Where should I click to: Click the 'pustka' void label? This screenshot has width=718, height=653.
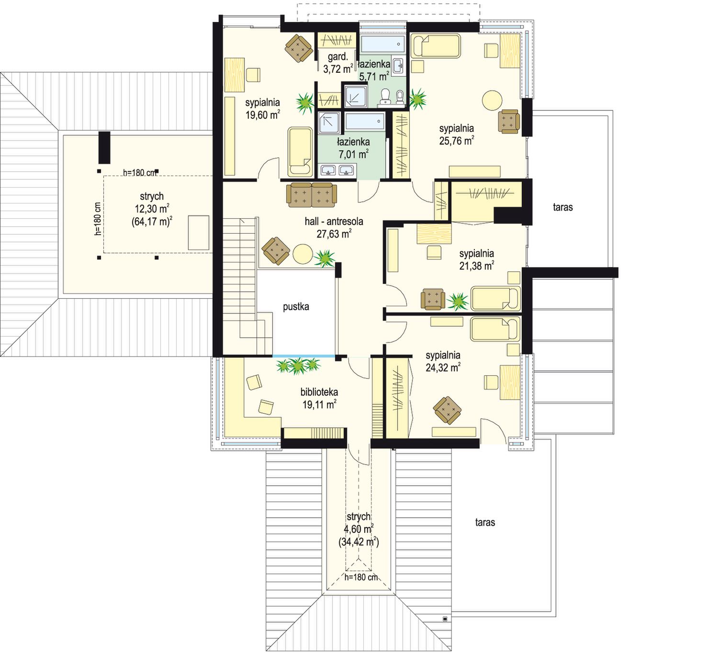(296, 307)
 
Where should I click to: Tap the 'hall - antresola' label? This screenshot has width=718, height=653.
(334, 221)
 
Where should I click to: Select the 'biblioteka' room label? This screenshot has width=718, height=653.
(319, 392)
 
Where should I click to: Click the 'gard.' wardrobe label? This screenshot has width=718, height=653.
(337, 56)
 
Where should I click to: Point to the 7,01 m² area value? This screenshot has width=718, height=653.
(353, 154)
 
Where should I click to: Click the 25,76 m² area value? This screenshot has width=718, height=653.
(456, 141)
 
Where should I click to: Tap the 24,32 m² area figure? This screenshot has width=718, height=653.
(443, 368)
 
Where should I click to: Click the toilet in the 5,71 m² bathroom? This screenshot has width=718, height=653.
(385, 96)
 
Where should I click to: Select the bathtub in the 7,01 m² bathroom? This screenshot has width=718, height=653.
(365, 122)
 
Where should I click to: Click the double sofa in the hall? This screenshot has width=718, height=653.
(312, 195)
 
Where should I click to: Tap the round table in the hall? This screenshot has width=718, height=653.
(303, 254)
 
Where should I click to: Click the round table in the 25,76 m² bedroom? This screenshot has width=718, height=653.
(492, 100)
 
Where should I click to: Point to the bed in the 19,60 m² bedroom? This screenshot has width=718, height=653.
(300, 152)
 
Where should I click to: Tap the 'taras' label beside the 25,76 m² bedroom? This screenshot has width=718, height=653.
(562, 207)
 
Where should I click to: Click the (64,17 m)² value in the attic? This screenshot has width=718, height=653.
(152, 221)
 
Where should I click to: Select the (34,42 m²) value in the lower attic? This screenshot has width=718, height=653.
(359, 541)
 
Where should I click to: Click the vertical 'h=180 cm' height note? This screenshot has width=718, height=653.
(98, 219)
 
